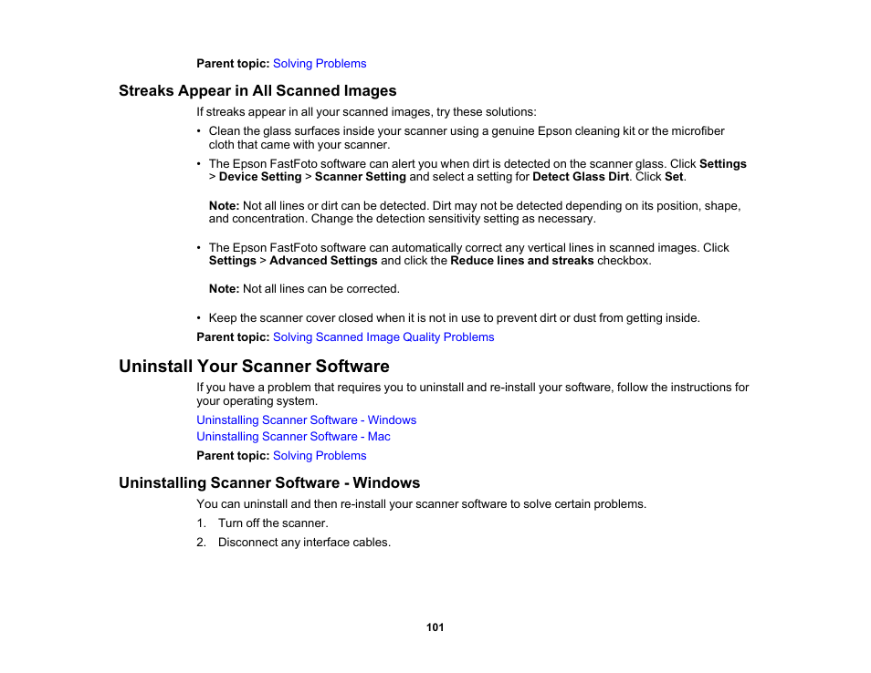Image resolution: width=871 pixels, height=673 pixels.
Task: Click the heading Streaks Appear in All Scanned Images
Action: pos(257,90)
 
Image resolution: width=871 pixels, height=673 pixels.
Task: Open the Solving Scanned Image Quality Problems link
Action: pos(383,336)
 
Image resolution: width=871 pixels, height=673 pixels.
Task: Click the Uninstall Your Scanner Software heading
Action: pos(254,367)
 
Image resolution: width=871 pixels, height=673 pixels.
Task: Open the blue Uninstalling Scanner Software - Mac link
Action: pos(293,436)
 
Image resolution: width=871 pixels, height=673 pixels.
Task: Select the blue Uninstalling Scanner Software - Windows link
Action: pos(306,419)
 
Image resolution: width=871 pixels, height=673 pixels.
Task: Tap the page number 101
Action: pos(435,627)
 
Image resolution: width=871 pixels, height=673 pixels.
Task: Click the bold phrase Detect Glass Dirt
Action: pos(581,177)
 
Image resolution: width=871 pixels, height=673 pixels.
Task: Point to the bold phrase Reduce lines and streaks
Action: pos(522,261)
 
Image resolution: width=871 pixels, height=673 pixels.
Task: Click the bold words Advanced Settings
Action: pos(323,261)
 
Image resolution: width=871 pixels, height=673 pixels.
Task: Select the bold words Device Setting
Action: pos(260,177)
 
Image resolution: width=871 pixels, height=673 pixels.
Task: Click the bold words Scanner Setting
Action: pos(360,177)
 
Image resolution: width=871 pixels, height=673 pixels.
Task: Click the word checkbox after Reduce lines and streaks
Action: pos(624,261)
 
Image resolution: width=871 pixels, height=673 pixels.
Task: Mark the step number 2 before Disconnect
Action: pos(201,542)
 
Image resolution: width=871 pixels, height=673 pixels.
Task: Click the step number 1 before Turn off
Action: pos(201,523)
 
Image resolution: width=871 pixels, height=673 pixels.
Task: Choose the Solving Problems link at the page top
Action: pos(320,63)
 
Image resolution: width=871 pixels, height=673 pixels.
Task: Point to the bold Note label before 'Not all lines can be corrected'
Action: pos(224,289)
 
